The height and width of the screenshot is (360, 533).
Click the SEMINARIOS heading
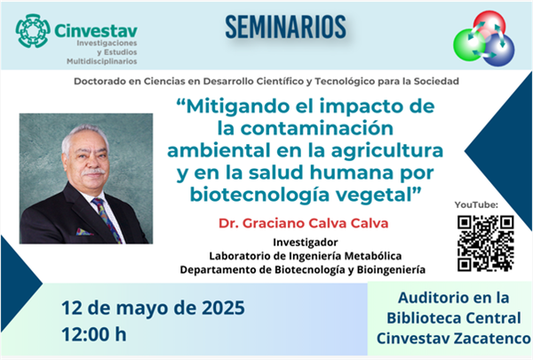point(285,27)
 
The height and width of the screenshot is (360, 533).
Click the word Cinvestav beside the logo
point(96,31)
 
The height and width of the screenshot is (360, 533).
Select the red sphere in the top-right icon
point(489,25)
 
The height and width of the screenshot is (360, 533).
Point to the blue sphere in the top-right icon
point(499,51)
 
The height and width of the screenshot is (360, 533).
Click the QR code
point(485,244)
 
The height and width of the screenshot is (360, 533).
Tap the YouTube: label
point(476,204)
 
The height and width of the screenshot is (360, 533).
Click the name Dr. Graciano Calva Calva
point(303,223)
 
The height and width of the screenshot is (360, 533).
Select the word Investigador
point(306,243)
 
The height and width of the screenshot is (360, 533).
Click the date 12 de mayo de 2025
point(153,308)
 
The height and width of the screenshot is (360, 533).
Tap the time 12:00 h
point(94,334)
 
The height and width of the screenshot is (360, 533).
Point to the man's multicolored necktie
point(107,220)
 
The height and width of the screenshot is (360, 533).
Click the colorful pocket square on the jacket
point(84,232)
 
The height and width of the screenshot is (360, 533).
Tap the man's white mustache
point(94,172)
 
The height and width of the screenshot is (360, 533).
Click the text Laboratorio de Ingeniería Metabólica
point(306,256)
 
